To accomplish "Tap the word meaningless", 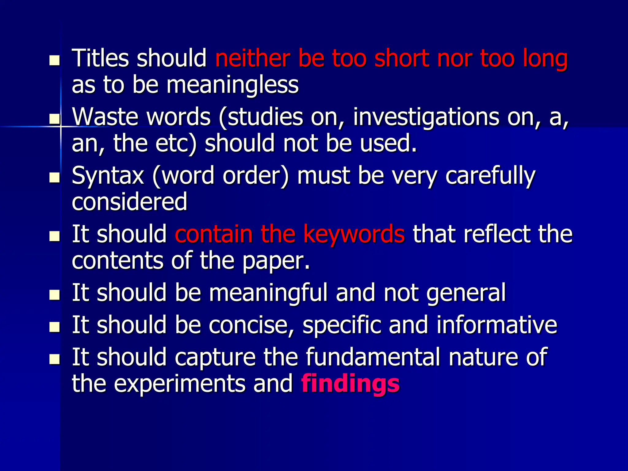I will click(x=232, y=85).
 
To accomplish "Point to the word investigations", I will click(x=426, y=117).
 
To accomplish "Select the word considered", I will click(x=129, y=202).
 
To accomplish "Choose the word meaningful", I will click(x=268, y=293).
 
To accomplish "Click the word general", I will click(x=466, y=293).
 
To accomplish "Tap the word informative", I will click(x=497, y=325).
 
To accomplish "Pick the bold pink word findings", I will click(x=350, y=384).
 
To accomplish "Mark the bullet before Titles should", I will click(x=55, y=60).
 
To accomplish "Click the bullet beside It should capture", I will click(x=55, y=359).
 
